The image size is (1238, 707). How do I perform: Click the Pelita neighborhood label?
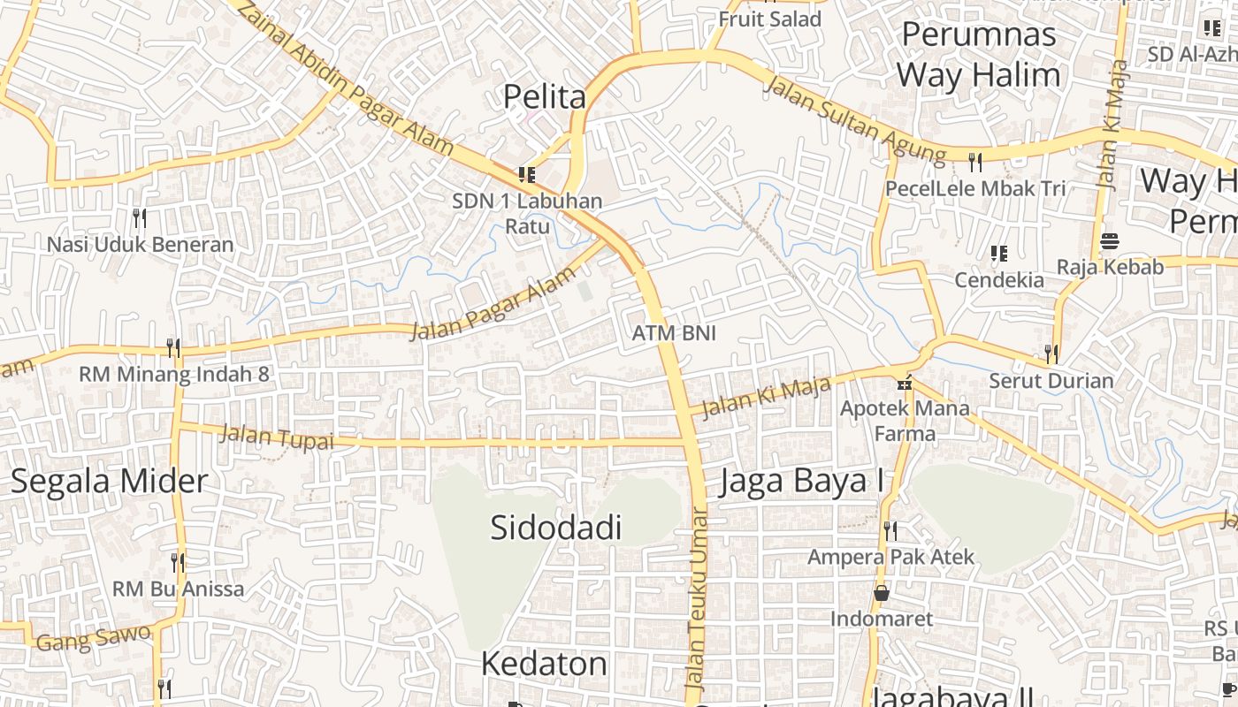coord(545,96)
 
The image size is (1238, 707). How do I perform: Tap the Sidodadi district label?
coord(556,528)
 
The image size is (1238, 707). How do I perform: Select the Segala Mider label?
coord(110,481)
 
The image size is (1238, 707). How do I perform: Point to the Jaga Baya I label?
coord(802,483)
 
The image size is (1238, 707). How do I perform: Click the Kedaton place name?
coord(544,664)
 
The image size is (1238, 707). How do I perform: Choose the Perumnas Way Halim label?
coord(979,55)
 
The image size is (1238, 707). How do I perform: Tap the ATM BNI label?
coord(674,333)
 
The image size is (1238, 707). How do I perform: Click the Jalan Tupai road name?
coord(276,437)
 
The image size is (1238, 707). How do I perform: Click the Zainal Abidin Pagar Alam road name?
coord(346,79)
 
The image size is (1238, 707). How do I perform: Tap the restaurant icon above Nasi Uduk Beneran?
coord(139,217)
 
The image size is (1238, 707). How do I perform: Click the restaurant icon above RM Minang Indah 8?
coord(173,347)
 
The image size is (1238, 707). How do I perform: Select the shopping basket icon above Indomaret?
coord(881,593)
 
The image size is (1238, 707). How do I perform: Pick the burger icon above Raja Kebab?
coord(1110,241)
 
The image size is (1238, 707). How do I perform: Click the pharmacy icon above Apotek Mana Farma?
coord(904,383)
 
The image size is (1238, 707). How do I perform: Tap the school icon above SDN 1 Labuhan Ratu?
coord(527,175)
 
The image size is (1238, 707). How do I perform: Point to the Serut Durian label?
coord(1051,381)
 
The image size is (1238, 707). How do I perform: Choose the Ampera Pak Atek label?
coord(890,557)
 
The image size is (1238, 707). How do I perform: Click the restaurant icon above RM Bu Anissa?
coord(178,562)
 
